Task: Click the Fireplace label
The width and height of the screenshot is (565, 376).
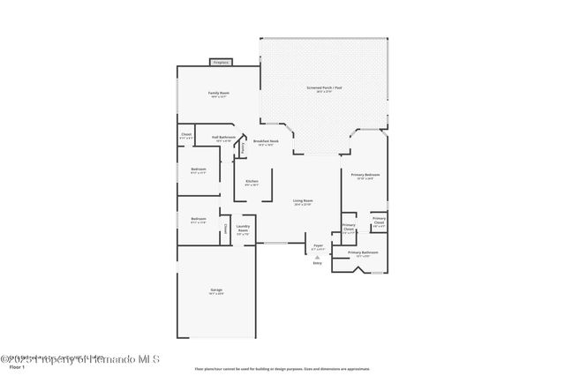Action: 220,63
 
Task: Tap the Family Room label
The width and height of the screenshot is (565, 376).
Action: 219,94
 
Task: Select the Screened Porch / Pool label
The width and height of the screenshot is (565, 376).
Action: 324,89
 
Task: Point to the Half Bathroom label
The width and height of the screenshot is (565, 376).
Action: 224,139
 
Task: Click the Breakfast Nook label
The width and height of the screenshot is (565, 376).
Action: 266,141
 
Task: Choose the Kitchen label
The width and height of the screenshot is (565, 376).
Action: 252,183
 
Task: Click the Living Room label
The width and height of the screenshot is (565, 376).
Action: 303,202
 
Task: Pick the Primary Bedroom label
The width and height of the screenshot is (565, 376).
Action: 363,177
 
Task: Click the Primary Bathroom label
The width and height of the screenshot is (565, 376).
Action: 363,254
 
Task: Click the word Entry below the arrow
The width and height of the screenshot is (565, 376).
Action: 318,264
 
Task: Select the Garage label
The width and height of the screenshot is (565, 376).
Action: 216,291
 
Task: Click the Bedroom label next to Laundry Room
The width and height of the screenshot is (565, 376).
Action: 199,220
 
